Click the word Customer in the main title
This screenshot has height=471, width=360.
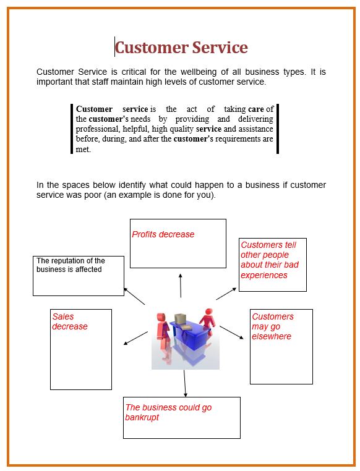(x=151, y=48)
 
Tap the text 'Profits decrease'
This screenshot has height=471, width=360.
(x=163, y=234)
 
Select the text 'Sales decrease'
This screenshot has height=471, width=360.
(x=70, y=321)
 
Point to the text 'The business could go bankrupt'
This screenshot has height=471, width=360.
(x=168, y=412)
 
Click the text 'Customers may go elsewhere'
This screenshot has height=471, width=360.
(x=272, y=326)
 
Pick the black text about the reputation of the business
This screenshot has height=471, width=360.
(x=71, y=265)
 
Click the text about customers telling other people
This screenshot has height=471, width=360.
(x=270, y=260)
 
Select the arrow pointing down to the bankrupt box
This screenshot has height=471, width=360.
(x=184, y=383)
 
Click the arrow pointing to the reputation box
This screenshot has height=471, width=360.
(x=134, y=295)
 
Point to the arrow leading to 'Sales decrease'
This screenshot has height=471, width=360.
(x=136, y=337)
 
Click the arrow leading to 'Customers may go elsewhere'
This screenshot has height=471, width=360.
(x=232, y=332)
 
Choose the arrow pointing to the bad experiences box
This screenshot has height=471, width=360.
(x=226, y=293)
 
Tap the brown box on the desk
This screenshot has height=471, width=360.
(x=180, y=320)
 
